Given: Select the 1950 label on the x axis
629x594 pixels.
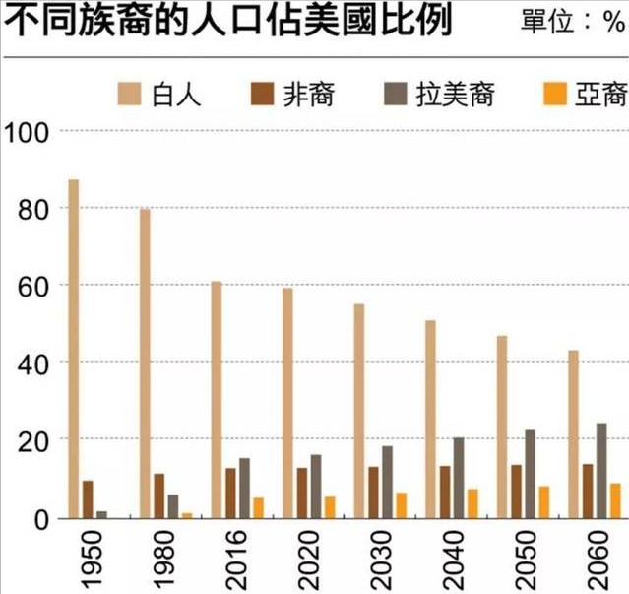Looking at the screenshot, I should [x=87, y=558].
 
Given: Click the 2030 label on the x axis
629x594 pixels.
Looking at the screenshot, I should [x=373, y=558].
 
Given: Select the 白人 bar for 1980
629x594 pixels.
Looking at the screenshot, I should [x=145, y=363].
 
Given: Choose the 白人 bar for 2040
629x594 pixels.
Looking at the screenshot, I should [x=431, y=419].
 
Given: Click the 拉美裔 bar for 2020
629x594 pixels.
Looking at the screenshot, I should [x=316, y=486].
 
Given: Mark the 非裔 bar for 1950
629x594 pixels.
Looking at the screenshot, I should [x=88, y=499].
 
